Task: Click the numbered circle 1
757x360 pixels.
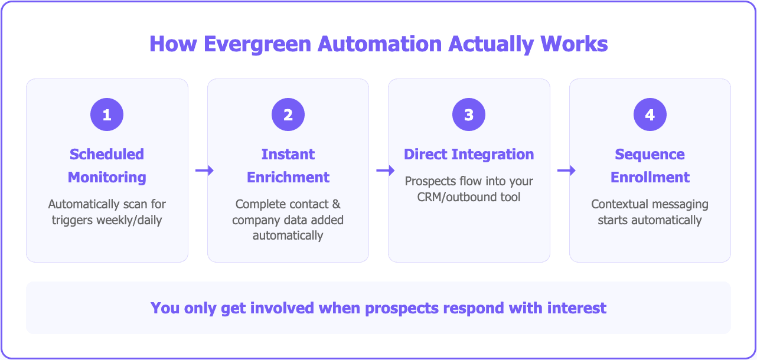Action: click(107, 114)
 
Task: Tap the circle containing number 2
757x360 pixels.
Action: click(288, 114)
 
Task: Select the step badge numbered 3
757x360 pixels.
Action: click(469, 114)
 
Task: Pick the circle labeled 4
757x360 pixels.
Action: click(650, 114)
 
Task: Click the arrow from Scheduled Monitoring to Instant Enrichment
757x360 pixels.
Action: click(204, 171)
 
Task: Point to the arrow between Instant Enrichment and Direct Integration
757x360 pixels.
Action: click(385, 171)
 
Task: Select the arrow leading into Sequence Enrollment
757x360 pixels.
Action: click(566, 171)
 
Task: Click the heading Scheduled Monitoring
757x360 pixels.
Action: click(107, 166)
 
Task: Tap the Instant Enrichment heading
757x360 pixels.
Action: click(288, 166)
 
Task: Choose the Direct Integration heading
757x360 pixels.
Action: click(469, 155)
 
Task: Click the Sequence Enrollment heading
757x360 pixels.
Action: click(650, 166)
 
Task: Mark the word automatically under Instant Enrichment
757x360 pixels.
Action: click(288, 235)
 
